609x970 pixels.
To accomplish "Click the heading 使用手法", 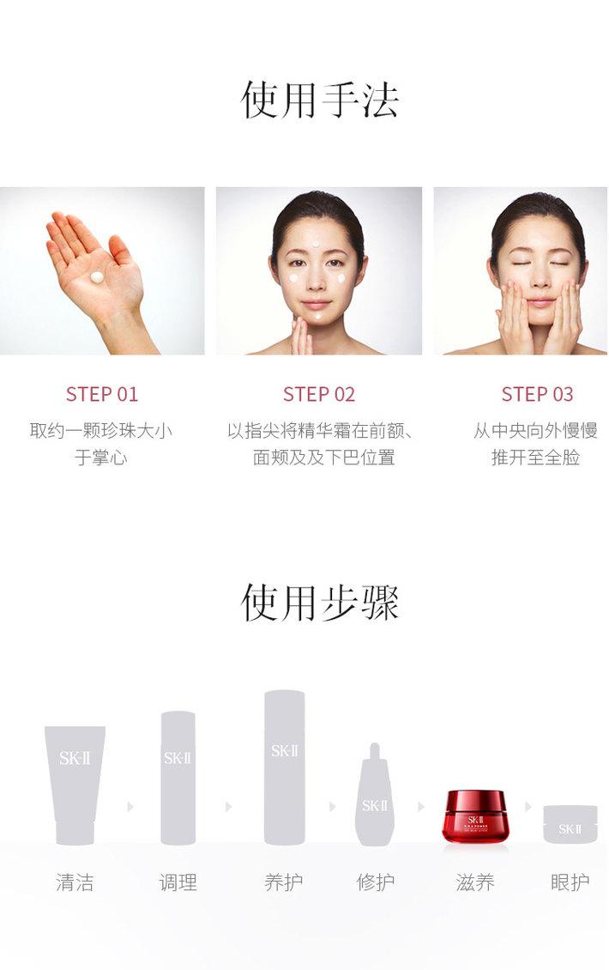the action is click(x=319, y=100).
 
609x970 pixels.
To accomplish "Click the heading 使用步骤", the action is click(x=319, y=603).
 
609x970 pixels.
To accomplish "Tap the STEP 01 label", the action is click(x=102, y=394).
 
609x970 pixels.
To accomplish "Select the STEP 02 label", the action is click(x=319, y=394).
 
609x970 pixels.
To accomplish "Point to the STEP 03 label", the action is click(x=537, y=394).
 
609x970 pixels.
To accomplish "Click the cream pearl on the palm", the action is click(x=98, y=278).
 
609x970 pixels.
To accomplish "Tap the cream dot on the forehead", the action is click(x=317, y=243).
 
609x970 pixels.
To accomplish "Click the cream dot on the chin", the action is click(x=317, y=316).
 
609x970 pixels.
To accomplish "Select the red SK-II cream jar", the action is click(x=475, y=816).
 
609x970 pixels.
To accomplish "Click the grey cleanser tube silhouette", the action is click(x=75, y=785).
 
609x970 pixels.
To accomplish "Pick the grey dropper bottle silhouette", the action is click(x=375, y=795).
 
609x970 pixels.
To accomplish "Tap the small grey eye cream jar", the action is click(x=570, y=824).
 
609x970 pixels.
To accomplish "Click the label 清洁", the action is click(x=75, y=882).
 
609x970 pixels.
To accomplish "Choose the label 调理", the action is click(x=178, y=882).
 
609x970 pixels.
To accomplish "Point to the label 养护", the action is click(x=284, y=882).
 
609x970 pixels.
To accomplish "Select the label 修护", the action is click(x=376, y=882).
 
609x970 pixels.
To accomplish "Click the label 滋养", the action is click(x=475, y=882).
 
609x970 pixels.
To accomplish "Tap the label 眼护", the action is click(x=570, y=882).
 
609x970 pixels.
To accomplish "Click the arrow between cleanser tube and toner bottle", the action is click(x=130, y=807).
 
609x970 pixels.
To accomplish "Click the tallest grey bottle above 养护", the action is click(x=285, y=767).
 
